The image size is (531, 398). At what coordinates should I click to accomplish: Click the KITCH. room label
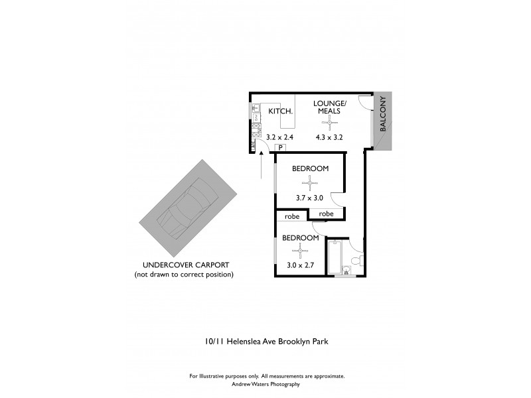tap(281, 111)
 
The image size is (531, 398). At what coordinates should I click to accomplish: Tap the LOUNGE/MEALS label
tap(329, 107)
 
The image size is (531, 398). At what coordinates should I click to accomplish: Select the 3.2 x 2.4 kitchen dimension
tap(279, 138)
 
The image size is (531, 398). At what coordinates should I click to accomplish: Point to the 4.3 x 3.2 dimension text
tap(329, 138)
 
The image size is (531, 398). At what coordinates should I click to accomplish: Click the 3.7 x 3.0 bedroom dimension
tap(309, 198)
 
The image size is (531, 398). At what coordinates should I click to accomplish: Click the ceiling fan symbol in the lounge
tap(329, 123)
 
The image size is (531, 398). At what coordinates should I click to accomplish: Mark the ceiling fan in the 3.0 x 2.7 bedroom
tap(301, 251)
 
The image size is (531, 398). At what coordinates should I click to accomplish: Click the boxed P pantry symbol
tap(281, 148)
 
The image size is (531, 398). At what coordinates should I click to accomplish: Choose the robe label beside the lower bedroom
tap(292, 217)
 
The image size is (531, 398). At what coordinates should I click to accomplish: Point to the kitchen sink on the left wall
tap(256, 108)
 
